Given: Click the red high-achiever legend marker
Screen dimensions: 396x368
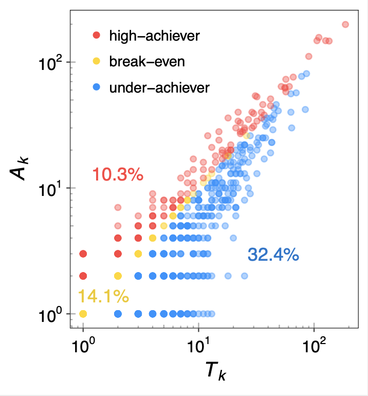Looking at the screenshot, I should point(96,35).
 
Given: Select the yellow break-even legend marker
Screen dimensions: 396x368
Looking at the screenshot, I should point(96,62).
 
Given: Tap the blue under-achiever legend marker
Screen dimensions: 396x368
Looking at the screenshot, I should point(96,88).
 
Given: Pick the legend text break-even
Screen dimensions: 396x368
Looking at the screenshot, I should point(146,62).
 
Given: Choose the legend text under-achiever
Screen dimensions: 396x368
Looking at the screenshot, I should point(159,88).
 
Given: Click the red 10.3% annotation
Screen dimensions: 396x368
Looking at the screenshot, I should point(117,175).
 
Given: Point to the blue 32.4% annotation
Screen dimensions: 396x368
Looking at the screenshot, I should point(273,255).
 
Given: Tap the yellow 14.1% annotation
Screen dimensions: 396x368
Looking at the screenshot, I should point(103,296).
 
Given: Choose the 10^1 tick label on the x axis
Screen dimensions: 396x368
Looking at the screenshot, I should point(198,348).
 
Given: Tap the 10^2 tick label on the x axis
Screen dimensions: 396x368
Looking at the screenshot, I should point(314,348).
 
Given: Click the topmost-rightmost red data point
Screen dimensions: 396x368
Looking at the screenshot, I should point(345,24).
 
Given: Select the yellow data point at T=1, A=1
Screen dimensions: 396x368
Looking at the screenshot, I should point(83,313).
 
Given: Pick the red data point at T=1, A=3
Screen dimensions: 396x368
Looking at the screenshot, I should point(83,254).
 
